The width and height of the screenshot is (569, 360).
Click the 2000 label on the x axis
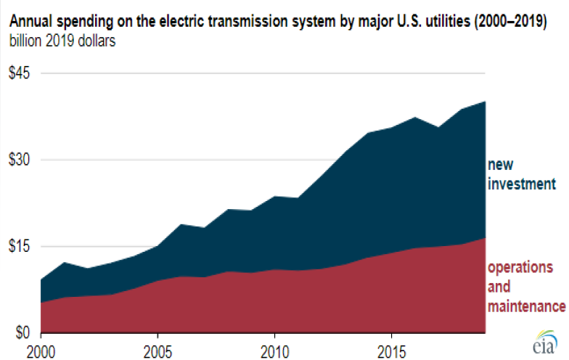pos(41,349)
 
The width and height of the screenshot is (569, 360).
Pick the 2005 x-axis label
pos(157,349)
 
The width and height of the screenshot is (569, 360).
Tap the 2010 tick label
pos(274,349)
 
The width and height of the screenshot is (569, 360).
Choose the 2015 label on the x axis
pos(391,349)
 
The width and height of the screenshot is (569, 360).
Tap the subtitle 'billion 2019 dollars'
pos(62,39)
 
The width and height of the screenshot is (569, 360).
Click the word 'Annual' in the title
pos(29,21)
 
